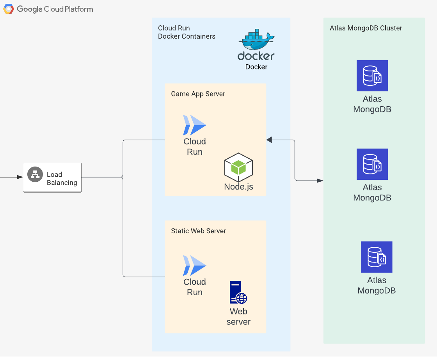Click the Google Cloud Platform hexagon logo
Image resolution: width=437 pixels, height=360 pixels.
click(x=9, y=9)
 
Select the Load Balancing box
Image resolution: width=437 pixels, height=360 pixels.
click(x=53, y=178)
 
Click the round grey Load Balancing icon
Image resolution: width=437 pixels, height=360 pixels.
click(x=35, y=174)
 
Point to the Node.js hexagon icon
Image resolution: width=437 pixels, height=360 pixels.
click(x=238, y=167)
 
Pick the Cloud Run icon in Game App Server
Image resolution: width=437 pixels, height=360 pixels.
click(x=195, y=125)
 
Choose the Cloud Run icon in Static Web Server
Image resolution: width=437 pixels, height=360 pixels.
click(x=195, y=265)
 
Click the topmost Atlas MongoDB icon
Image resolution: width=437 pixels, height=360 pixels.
click(x=372, y=76)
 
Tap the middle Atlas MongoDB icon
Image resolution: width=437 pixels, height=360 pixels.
click(x=372, y=164)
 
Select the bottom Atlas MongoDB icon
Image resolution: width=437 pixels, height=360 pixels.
click(x=377, y=257)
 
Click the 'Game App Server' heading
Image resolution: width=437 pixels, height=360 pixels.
click(x=198, y=94)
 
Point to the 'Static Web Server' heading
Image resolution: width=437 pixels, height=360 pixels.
click(x=199, y=231)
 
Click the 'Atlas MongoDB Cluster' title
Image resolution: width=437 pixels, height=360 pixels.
click(x=366, y=28)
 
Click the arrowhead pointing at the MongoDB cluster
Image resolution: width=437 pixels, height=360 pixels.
click(x=320, y=181)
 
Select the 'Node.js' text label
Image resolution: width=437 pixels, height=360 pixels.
click(x=238, y=187)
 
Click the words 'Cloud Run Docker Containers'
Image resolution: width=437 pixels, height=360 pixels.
click(x=187, y=32)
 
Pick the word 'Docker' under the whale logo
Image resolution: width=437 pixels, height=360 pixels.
click(x=256, y=67)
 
